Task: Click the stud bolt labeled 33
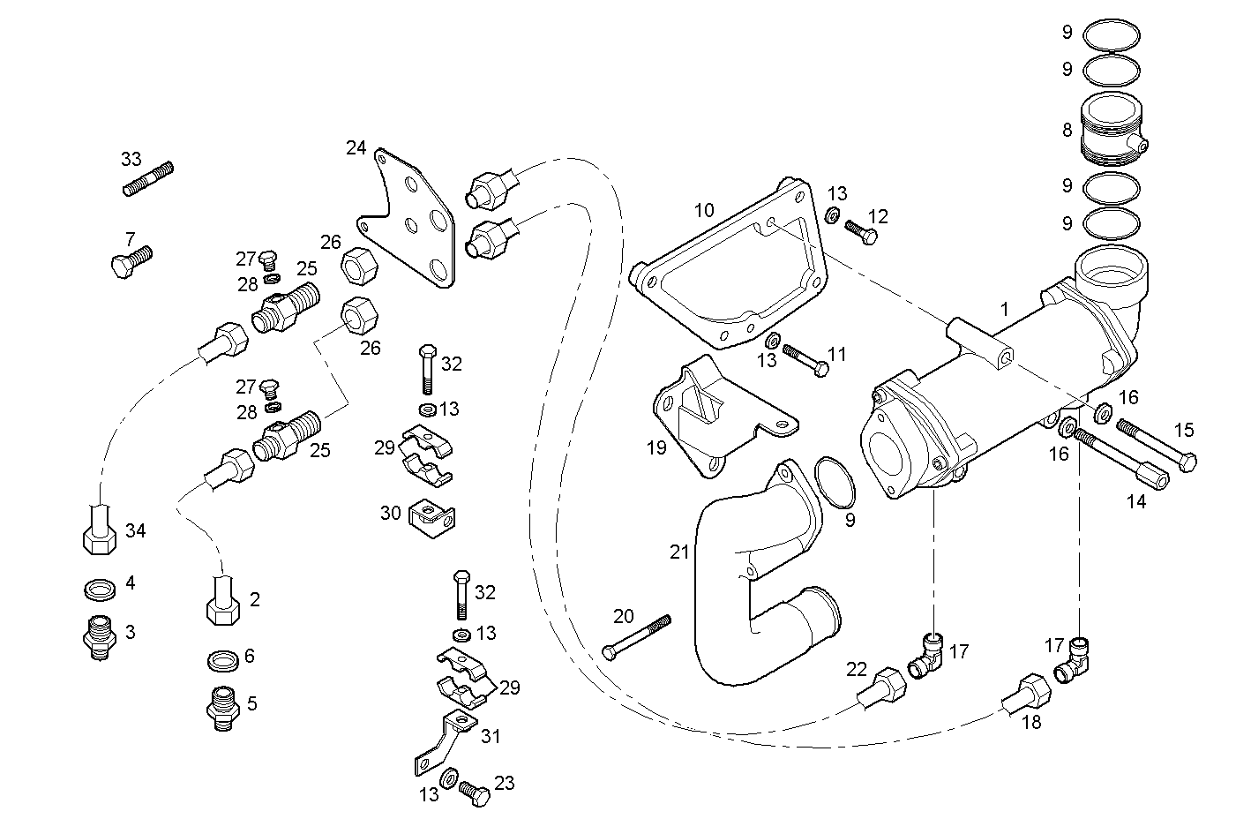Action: point(147,179)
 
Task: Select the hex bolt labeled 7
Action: point(132,261)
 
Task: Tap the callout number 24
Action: point(356,147)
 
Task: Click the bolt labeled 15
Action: point(1156,444)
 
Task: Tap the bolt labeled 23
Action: point(475,793)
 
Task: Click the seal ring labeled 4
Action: point(101,588)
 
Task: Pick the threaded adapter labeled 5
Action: point(222,707)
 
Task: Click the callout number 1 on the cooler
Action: point(1004,310)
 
